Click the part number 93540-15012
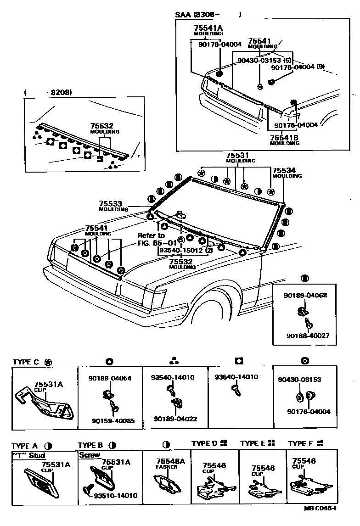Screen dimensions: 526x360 click(180, 251)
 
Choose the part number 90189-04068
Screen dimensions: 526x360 click(305, 295)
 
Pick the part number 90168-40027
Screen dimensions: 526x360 click(307, 336)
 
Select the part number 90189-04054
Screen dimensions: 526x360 click(110, 378)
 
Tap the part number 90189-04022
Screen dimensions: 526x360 click(175, 419)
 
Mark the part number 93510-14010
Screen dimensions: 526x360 click(115, 496)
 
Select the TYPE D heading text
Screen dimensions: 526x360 click(205, 444)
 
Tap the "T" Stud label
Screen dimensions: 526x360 click(28, 456)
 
